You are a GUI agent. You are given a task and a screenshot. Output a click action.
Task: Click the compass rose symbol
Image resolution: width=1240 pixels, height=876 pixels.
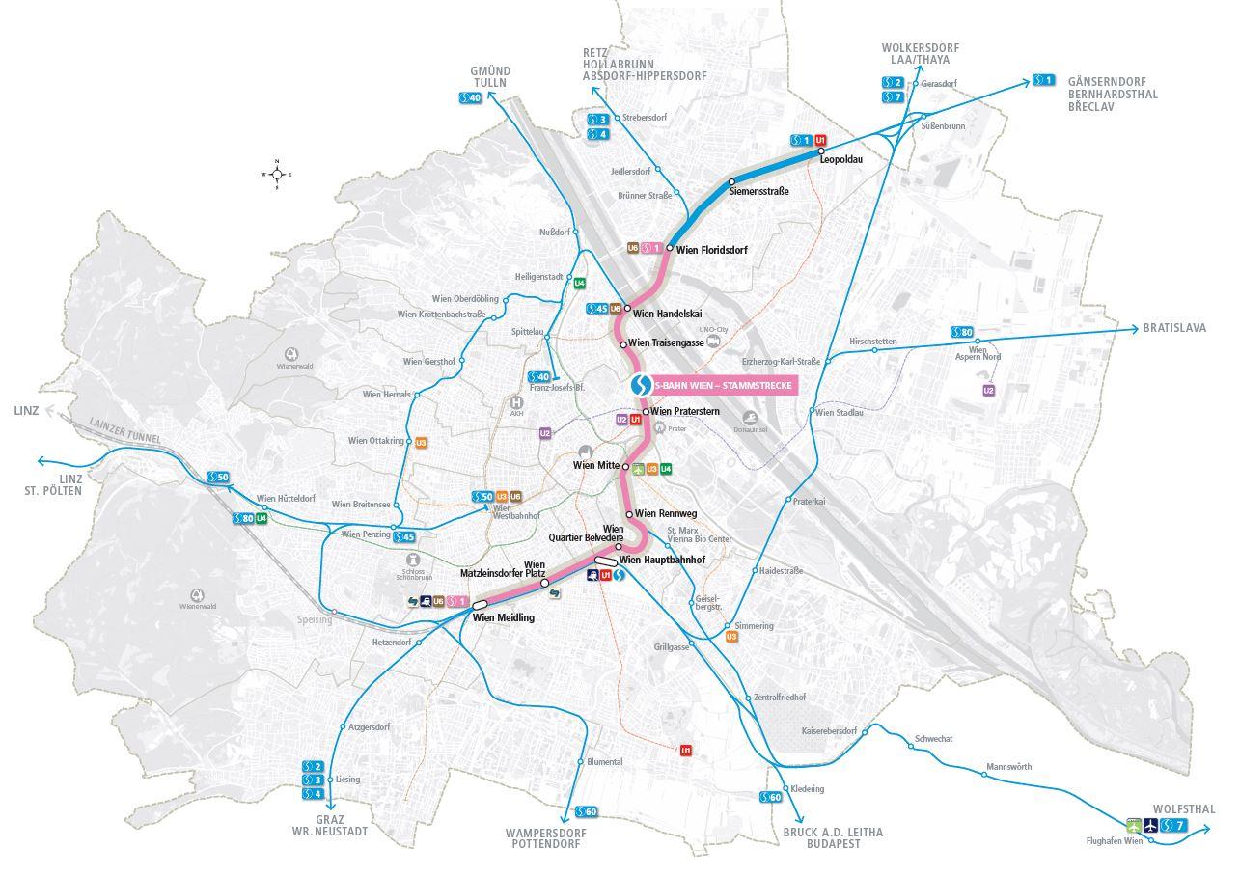pyautogui.click(x=276, y=175)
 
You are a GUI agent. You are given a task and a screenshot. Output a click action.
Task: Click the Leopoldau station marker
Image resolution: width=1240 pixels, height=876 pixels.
pyautogui.click(x=820, y=151)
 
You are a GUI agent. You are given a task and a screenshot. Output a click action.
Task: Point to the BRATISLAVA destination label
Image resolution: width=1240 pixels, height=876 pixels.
pyautogui.click(x=1174, y=328)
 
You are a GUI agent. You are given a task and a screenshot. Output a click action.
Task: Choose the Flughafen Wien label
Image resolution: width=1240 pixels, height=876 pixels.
pyautogui.click(x=1114, y=841)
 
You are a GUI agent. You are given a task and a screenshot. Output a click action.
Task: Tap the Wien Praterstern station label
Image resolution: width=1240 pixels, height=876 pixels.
pyautogui.click(x=687, y=411)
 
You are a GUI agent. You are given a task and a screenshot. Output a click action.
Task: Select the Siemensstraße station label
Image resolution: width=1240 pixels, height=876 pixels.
pyautogui.click(x=759, y=191)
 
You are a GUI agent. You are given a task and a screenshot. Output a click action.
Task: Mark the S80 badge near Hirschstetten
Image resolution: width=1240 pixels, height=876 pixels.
pyautogui.click(x=962, y=332)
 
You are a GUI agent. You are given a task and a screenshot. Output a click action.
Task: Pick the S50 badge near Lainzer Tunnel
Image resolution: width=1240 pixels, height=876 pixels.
pyautogui.click(x=218, y=477)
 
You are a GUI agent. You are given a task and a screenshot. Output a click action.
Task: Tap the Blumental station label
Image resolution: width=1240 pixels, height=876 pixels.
pyautogui.click(x=604, y=762)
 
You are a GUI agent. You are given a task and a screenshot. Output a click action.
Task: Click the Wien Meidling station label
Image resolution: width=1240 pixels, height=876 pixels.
pyautogui.click(x=503, y=617)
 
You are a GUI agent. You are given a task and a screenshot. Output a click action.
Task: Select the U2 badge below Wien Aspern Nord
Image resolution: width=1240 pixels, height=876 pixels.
pyautogui.click(x=988, y=390)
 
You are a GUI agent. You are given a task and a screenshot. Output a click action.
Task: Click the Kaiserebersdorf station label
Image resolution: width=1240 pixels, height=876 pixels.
pyautogui.click(x=829, y=731)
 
